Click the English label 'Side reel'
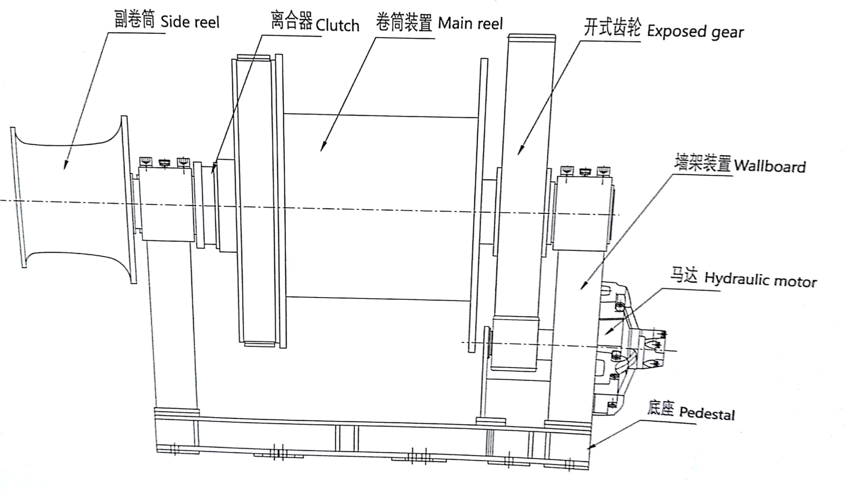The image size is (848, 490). (190, 22)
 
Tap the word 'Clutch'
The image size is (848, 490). (337, 25)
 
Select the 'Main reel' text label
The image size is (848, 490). (470, 24)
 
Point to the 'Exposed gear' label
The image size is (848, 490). (695, 32)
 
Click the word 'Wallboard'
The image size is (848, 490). (770, 166)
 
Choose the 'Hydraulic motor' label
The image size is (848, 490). (760, 280)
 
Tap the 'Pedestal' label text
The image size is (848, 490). (707, 413)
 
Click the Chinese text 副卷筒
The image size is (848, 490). (134, 20)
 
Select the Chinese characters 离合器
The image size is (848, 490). (291, 20)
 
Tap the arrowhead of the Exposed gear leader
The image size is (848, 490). (520, 151)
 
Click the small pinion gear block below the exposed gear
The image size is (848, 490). (514, 344)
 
